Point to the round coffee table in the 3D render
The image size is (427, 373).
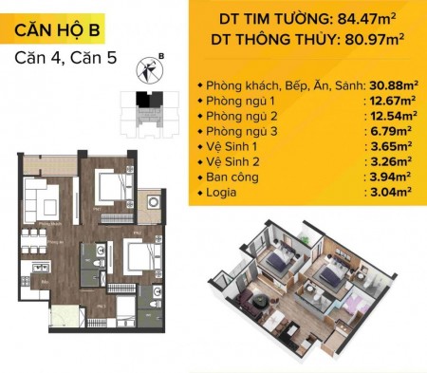pos(258,301)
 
